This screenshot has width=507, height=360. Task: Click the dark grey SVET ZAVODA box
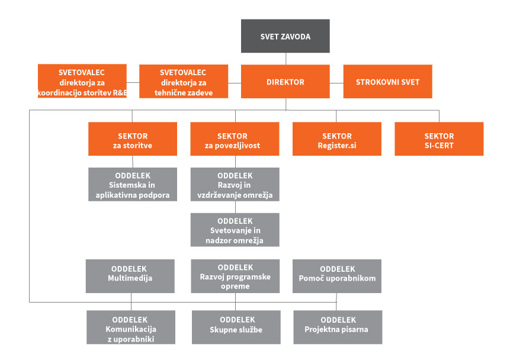pos(285,36)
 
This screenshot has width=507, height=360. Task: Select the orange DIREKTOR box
pos(285,82)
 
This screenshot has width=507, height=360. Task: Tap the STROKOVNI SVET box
pos(388,82)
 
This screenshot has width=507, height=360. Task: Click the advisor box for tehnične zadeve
pos(184,82)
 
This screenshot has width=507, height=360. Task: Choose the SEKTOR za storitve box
pos(133,139)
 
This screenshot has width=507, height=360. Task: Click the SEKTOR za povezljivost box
pos(235,139)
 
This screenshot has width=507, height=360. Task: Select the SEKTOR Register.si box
pos(337,139)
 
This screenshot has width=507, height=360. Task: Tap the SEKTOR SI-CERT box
pos(439,139)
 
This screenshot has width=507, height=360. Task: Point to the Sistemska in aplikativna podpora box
pos(133,185)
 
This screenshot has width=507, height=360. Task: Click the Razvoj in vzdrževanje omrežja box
pos(235,185)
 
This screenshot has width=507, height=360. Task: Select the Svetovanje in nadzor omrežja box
pos(235,230)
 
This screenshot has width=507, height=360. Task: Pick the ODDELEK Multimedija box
pos(130,277)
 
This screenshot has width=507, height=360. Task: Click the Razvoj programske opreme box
pos(235,277)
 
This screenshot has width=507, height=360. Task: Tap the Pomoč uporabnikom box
pos(337,277)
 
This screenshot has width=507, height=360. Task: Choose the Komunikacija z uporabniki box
pos(131,327)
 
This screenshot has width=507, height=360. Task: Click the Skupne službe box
pos(236,327)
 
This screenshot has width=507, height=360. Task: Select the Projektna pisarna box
pos(338,327)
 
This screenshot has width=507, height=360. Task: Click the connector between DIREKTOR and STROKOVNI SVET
pos(336,83)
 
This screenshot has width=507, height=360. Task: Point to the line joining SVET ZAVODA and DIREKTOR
pos(286,59)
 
